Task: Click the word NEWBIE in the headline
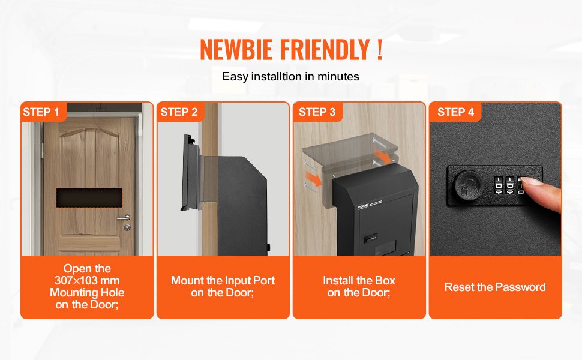(x=236, y=49)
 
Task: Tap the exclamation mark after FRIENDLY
(x=379, y=49)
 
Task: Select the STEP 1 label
(x=41, y=112)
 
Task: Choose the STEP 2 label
(x=179, y=112)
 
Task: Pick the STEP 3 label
(x=317, y=112)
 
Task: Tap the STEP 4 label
(x=455, y=112)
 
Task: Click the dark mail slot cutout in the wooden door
(x=89, y=198)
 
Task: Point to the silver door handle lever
(x=125, y=217)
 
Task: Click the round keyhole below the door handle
(x=127, y=227)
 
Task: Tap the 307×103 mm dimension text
(x=87, y=281)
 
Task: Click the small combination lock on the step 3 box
(x=370, y=238)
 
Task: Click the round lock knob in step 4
(x=469, y=184)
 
